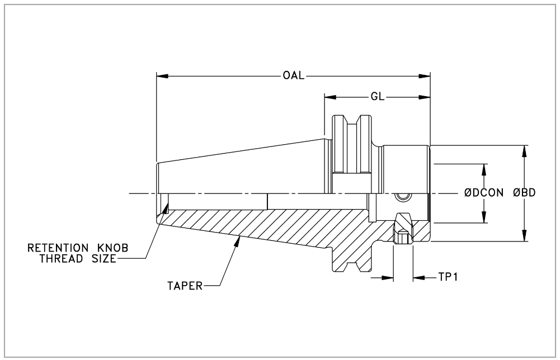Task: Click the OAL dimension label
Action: point(293,75)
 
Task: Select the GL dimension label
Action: point(377,97)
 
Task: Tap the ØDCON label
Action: point(485,193)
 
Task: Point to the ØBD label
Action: point(524,193)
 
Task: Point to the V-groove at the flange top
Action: point(352,124)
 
